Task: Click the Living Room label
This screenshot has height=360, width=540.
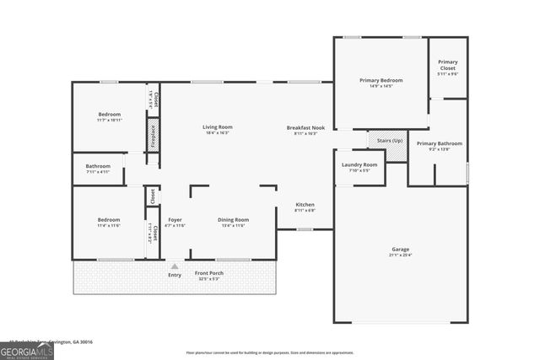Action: click(217, 126)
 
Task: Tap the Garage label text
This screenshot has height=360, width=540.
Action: click(400, 250)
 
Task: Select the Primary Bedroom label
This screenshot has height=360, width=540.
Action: click(381, 80)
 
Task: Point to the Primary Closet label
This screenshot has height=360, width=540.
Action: click(448, 64)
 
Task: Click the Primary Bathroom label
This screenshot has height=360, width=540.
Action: click(440, 143)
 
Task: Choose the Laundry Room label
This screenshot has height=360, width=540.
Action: click(359, 164)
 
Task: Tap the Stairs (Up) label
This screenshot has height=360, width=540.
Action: click(389, 140)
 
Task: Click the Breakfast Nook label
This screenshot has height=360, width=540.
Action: click(305, 126)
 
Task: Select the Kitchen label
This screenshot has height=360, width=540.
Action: click(305, 205)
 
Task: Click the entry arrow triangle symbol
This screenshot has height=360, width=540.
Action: click(175, 266)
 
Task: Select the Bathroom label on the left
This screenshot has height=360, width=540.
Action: click(98, 166)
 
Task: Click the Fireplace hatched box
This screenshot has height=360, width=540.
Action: click(153, 135)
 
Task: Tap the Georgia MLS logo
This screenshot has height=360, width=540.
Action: click(27, 350)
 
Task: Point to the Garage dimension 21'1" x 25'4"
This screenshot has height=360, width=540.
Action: click(400, 256)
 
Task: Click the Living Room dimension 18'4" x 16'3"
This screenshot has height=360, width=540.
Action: click(217, 133)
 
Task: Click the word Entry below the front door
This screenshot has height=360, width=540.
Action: click(175, 275)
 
